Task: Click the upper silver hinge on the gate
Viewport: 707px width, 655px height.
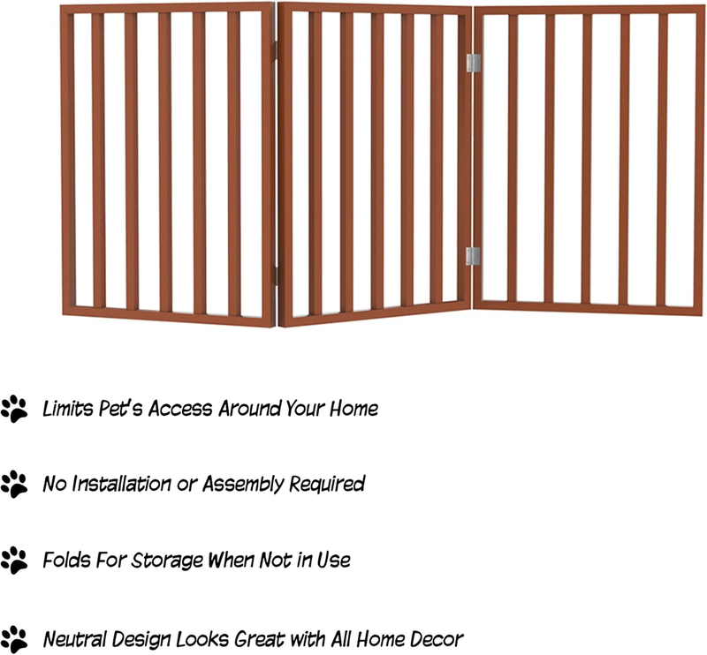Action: (473, 63)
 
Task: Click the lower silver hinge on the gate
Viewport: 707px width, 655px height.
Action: (473, 256)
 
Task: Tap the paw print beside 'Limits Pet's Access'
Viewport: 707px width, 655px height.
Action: (14, 409)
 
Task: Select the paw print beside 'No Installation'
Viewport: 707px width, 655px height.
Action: (14, 485)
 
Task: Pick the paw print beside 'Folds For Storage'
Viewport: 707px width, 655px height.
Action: (14, 561)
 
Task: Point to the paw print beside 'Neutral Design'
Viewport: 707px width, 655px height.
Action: (14, 639)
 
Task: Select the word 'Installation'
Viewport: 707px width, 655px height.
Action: (121, 484)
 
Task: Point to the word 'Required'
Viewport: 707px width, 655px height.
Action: (327, 485)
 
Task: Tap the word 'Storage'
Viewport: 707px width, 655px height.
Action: (167, 561)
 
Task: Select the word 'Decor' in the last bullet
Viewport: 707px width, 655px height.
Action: (437, 639)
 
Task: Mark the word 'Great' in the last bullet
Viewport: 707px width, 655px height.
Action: (260, 639)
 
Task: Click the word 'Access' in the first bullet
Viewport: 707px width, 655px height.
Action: (180, 409)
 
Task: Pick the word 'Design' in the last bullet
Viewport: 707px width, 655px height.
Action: (141, 640)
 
